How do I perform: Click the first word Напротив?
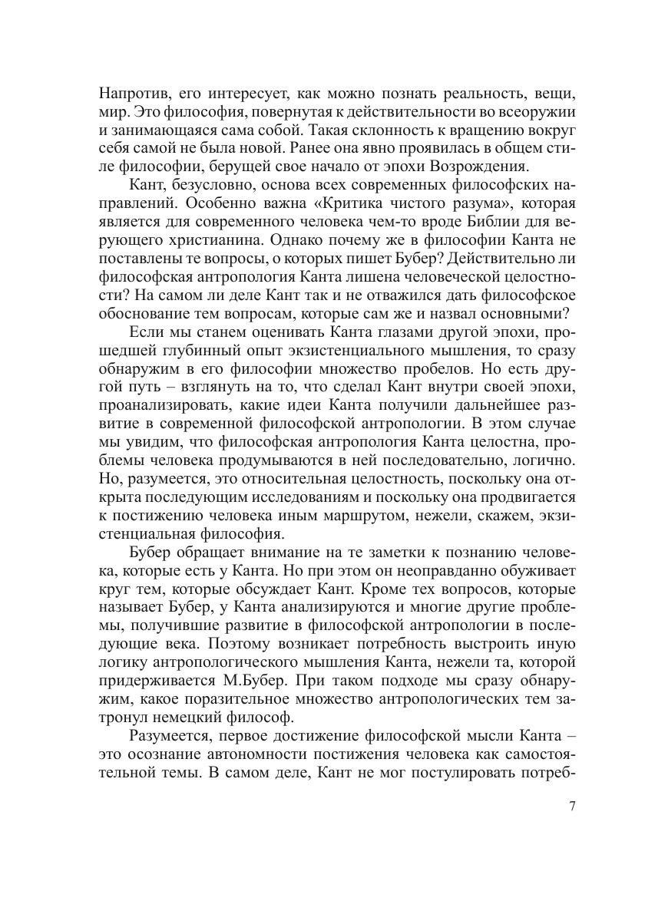coord(131,95)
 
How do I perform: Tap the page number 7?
coord(572,806)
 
